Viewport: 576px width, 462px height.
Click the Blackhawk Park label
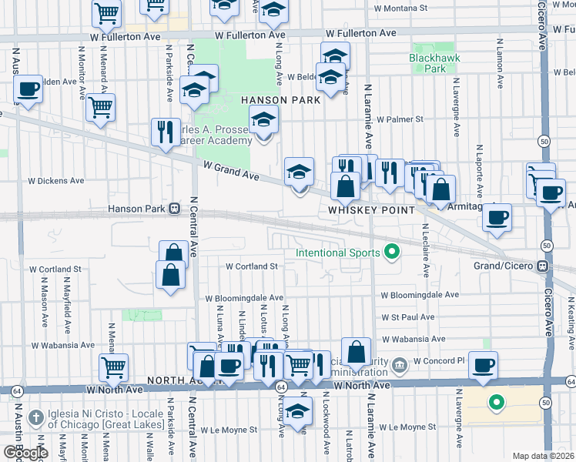click(x=427, y=63)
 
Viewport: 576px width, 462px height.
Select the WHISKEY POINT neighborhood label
click(x=372, y=209)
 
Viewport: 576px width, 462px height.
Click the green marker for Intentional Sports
click(x=391, y=252)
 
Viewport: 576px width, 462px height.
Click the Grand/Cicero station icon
click(x=543, y=266)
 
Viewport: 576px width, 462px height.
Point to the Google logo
click(x=25, y=452)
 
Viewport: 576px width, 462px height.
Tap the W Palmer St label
click(x=398, y=119)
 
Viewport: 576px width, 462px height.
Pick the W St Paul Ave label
click(x=408, y=316)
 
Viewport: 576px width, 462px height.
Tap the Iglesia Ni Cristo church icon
click(x=35, y=417)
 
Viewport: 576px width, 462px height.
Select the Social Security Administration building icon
click(x=399, y=363)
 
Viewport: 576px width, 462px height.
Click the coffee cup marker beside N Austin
click(x=28, y=89)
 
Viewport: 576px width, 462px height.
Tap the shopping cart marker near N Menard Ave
click(x=101, y=108)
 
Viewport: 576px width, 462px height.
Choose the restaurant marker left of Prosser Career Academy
click(x=164, y=132)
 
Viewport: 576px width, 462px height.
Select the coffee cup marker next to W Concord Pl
click(x=483, y=365)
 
